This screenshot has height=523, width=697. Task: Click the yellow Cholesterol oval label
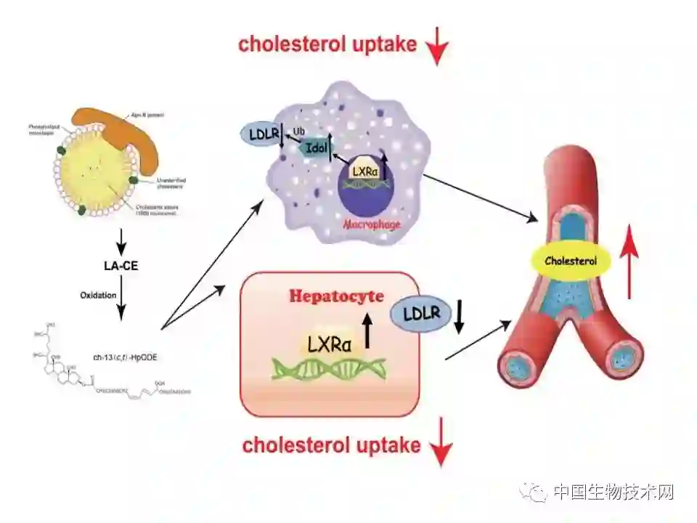(570, 260)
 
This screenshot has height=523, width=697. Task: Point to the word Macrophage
(372, 224)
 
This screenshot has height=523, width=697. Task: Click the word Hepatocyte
(337, 296)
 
